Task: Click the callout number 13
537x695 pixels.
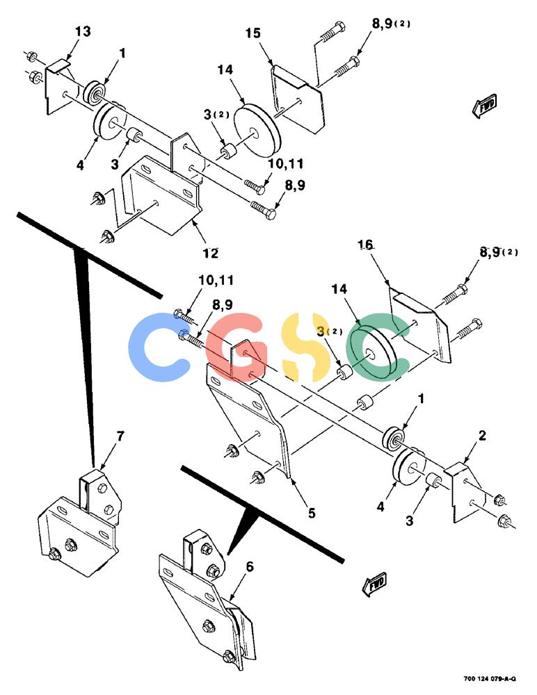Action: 83,31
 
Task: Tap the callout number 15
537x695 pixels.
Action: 253,33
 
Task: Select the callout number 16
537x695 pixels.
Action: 366,245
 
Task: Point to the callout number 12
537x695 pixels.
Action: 211,253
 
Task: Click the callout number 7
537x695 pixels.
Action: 120,436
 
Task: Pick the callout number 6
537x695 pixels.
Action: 250,566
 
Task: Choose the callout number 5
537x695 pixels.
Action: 312,513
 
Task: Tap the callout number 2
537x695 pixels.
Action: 483,435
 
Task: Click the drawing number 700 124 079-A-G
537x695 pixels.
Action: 490,678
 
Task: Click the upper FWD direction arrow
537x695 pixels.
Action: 484,106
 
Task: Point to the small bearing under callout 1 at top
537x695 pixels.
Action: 94,92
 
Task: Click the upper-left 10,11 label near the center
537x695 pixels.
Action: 216,280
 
